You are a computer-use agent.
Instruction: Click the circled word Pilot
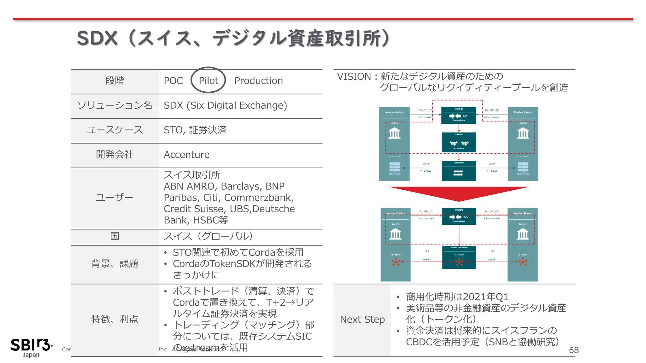click(208, 81)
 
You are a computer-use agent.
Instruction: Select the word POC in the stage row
click(173, 81)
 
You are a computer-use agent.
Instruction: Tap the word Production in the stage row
click(258, 81)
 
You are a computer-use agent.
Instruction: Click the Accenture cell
click(186, 155)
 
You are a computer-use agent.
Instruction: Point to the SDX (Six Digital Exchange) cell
click(225, 105)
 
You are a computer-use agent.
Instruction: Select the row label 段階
click(115, 81)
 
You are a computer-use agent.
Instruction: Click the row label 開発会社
click(115, 155)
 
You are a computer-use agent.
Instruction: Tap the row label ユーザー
click(115, 198)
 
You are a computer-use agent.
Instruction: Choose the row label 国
click(115, 236)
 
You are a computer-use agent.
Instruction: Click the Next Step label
click(362, 320)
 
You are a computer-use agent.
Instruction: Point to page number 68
click(573, 350)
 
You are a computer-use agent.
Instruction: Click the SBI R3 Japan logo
click(31, 348)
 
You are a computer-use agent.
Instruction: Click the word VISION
click(354, 77)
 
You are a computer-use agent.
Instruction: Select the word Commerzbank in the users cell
click(258, 198)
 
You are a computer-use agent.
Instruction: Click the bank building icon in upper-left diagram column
click(394, 133)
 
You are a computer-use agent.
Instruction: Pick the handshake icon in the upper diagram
click(459, 143)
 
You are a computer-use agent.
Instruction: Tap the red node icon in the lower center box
click(459, 262)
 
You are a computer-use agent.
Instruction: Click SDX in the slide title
click(97, 38)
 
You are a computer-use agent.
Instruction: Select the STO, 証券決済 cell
click(195, 130)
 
